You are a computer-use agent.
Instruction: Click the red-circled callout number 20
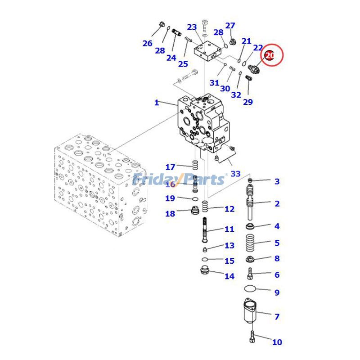pyautogui.click(x=270, y=56)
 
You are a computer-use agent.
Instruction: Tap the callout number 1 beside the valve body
pyautogui.click(x=157, y=103)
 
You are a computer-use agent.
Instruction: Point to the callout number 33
pyautogui.click(x=235, y=174)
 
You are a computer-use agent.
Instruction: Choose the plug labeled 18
pyautogui.click(x=195, y=210)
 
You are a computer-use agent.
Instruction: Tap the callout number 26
pyautogui.click(x=148, y=43)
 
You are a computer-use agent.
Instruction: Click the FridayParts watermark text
pyautogui.click(x=180, y=180)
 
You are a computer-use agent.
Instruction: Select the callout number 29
pyautogui.click(x=248, y=102)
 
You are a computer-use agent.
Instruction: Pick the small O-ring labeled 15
pyautogui.click(x=205, y=260)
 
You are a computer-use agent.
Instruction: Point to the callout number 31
pyautogui.click(x=214, y=83)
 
